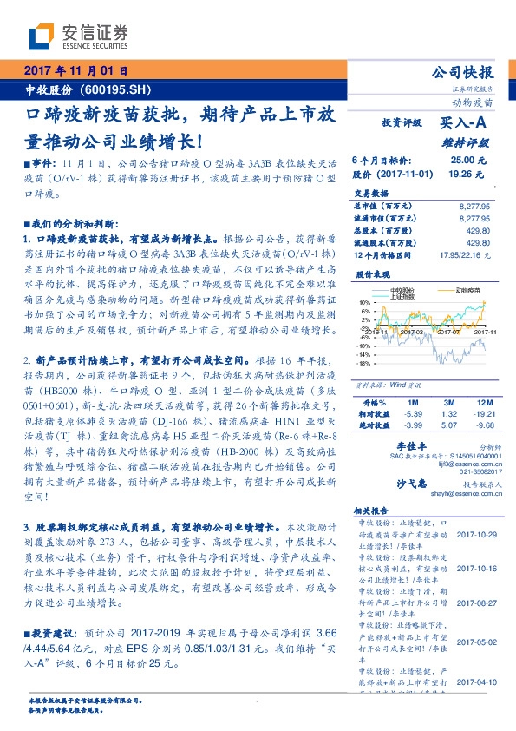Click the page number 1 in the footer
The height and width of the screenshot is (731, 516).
[x=258, y=702]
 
